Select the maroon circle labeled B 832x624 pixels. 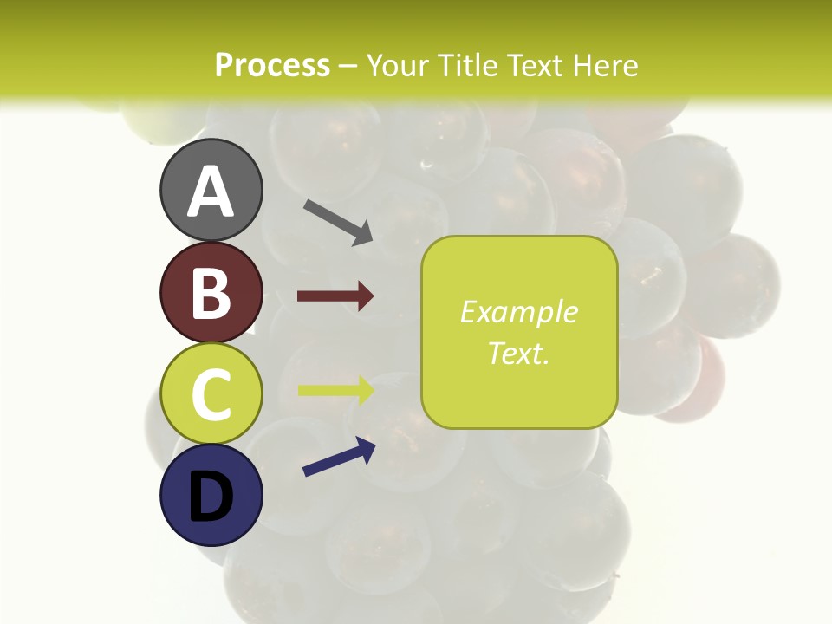[211, 292]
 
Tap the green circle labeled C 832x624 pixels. [211, 393]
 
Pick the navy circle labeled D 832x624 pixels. [211, 495]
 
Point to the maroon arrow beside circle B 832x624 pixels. [335, 296]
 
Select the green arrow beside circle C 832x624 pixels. [335, 389]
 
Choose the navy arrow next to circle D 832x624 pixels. [339, 457]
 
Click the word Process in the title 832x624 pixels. [272, 65]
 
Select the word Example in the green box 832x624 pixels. [519, 312]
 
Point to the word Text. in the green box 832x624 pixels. [519, 353]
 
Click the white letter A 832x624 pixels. [211, 192]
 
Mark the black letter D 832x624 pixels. [211, 497]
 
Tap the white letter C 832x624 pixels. [211, 395]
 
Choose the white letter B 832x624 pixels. [211, 294]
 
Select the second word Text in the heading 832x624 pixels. [535, 65]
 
